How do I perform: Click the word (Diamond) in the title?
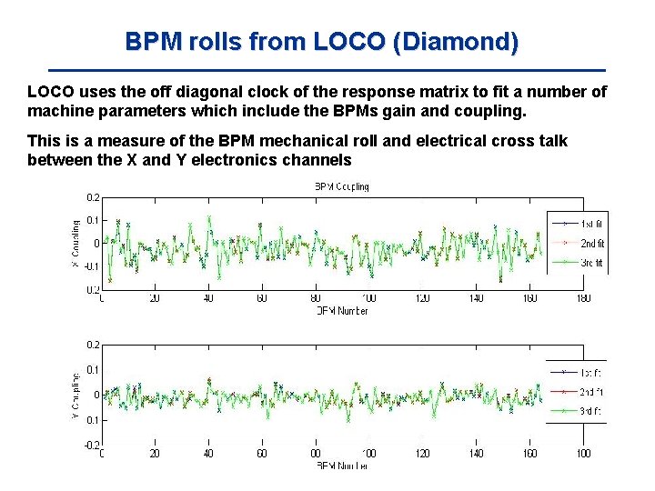(x=459, y=42)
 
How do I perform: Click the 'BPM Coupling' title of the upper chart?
(x=342, y=186)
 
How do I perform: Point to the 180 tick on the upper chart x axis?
(x=583, y=298)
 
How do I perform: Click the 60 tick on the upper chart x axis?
(x=261, y=298)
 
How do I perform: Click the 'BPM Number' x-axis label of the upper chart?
(x=342, y=310)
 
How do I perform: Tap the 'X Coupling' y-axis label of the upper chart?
(x=75, y=242)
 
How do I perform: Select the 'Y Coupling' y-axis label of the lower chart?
(x=75, y=394)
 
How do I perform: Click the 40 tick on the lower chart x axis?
(x=207, y=453)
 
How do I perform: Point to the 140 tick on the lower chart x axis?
(x=477, y=453)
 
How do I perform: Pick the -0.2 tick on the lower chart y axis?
(x=92, y=445)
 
